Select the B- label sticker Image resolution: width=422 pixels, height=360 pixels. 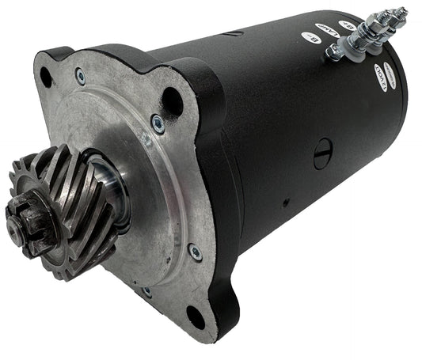coord(310,38)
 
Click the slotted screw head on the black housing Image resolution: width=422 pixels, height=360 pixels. coord(323,157)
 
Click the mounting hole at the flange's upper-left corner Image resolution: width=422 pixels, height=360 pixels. coord(46,76)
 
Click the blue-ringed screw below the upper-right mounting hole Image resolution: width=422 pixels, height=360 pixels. coord(157,123)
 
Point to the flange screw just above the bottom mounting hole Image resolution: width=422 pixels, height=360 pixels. coord(195,253)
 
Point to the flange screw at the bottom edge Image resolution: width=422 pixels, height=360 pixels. coord(146,292)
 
